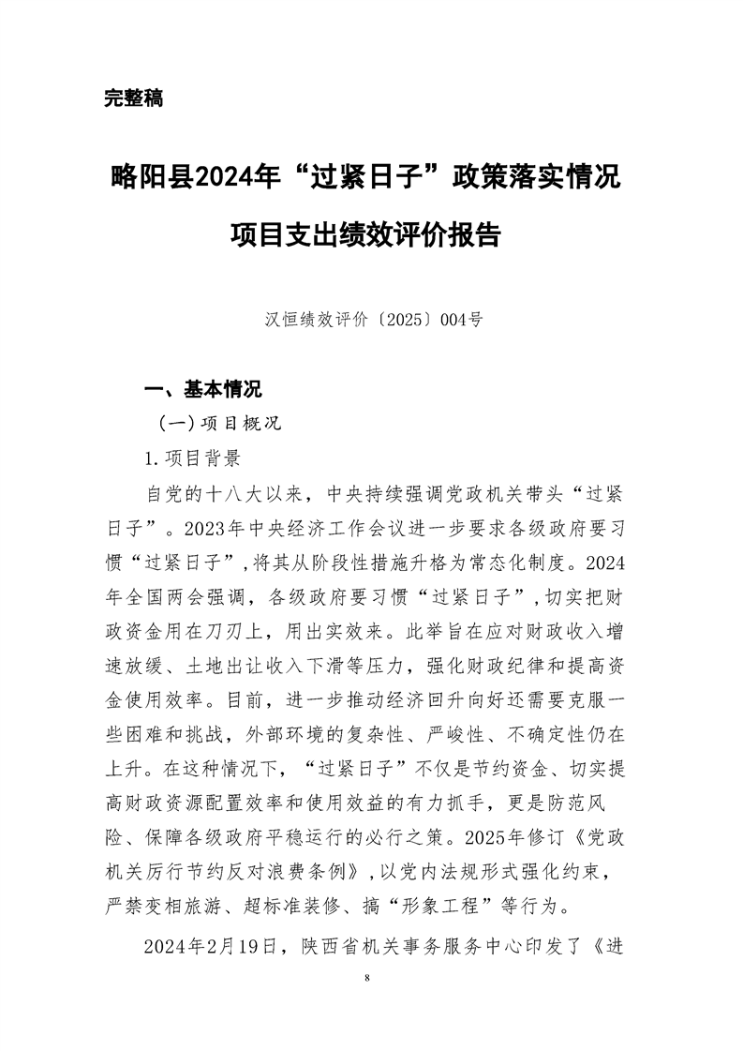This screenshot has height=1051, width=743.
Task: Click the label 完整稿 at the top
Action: click(134, 98)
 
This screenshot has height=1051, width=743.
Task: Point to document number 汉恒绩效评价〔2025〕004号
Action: click(370, 319)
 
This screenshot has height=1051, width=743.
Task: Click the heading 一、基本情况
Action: click(202, 388)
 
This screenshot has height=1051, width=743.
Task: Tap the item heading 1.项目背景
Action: click(189, 458)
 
